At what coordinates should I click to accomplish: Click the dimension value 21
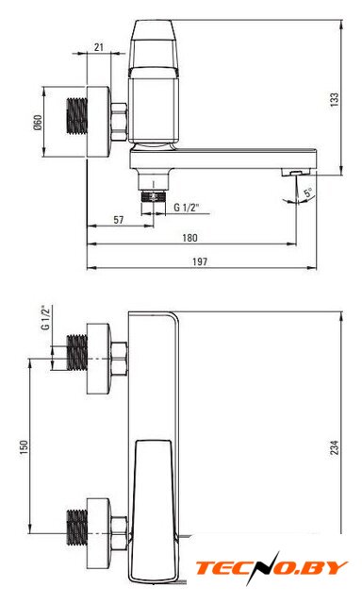point(99,47)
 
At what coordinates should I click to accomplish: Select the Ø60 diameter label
point(38,122)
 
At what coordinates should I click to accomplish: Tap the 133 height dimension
point(335,100)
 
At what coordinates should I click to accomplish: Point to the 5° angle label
point(308,192)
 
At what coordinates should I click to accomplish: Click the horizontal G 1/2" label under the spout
point(186,208)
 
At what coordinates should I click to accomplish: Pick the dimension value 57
point(119,220)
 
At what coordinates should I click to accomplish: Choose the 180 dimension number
point(189,238)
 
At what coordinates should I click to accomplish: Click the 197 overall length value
point(200,261)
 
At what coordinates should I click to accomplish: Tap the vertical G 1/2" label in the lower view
point(46,318)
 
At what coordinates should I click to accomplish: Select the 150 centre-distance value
point(24,447)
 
